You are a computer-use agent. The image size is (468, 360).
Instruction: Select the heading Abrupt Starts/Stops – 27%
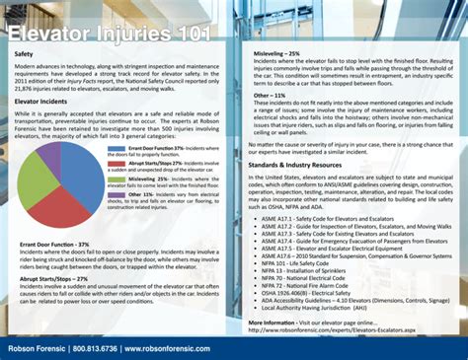pos(61,280)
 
